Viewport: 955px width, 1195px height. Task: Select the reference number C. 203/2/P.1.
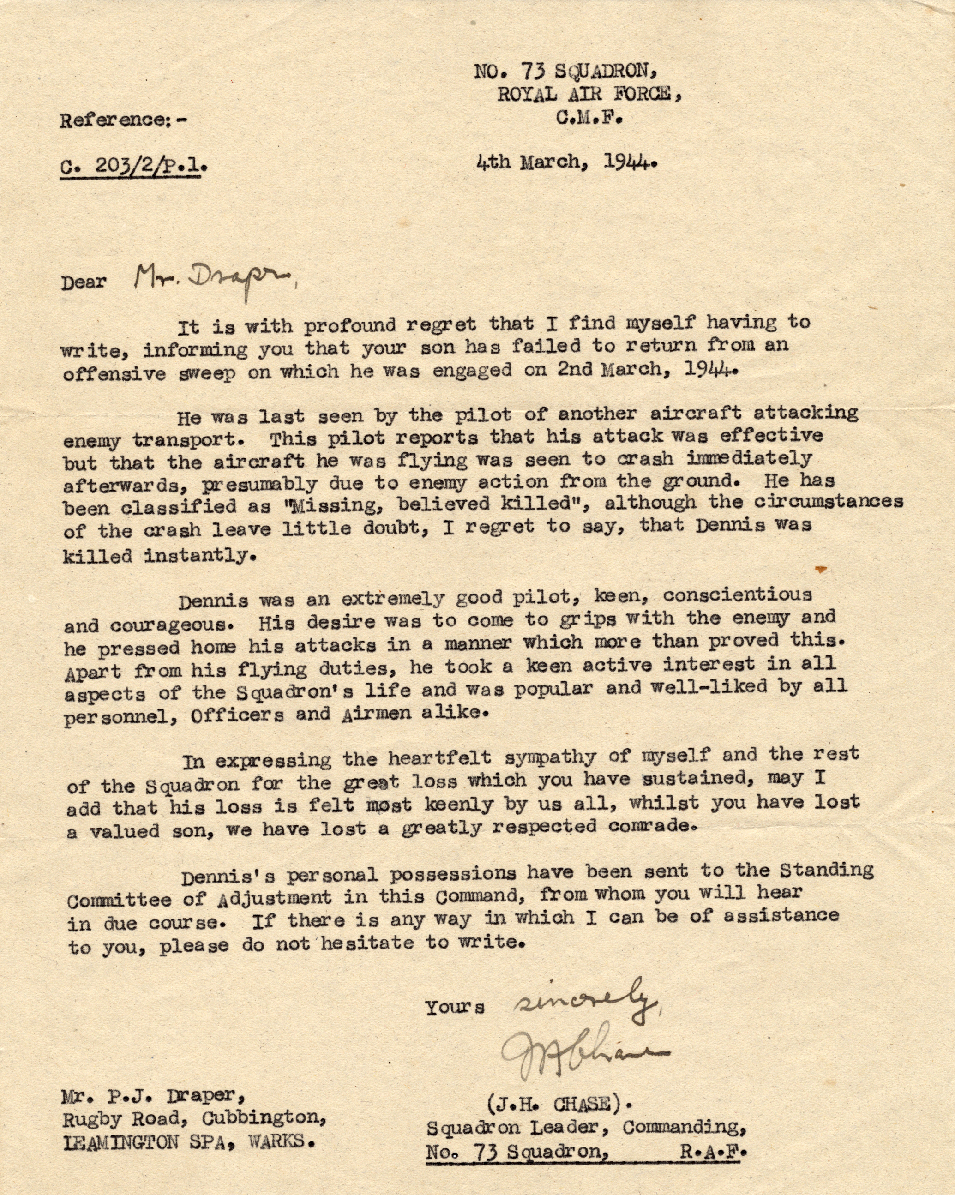pos(133,166)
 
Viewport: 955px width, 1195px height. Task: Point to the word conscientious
pos(737,594)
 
